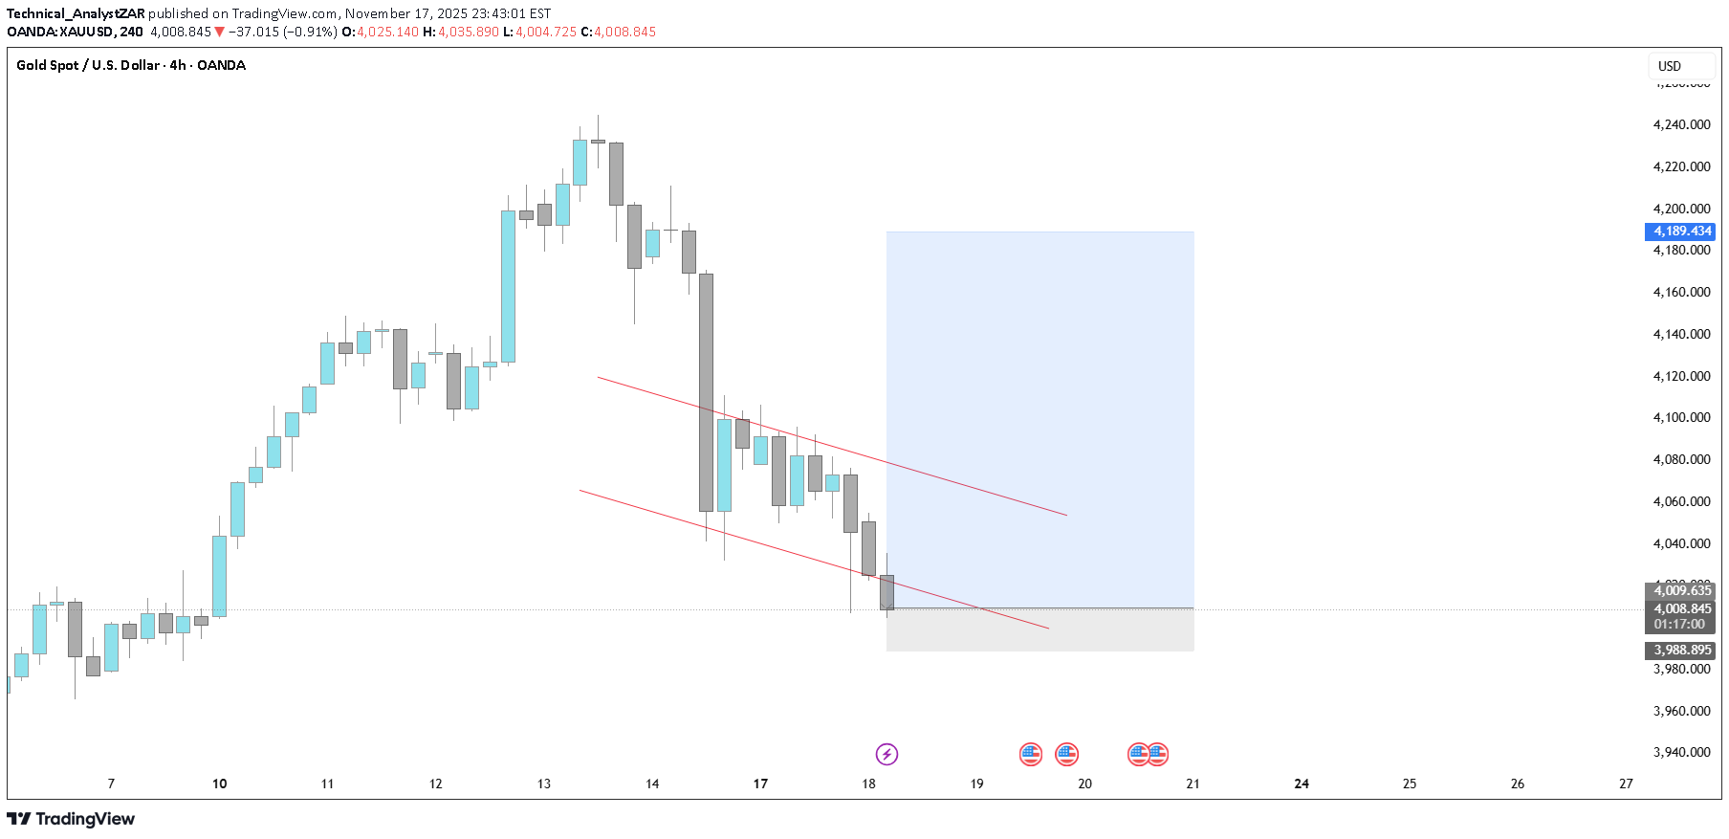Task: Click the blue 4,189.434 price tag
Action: pos(1678,232)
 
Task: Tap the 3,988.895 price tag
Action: pos(1678,651)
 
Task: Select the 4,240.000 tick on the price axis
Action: pos(1681,124)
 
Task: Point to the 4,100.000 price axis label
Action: pos(1681,417)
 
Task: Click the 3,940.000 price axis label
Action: pos(1681,752)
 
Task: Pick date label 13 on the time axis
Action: pos(544,784)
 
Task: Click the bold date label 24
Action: pos(1302,784)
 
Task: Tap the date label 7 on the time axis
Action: pos(111,784)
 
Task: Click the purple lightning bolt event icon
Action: pos(886,755)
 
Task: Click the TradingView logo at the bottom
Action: pos(71,819)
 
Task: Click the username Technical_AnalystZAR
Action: pos(76,13)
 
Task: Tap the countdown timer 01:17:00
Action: pos(1679,624)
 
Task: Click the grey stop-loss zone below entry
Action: pos(1040,630)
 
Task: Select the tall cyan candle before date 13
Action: pos(508,286)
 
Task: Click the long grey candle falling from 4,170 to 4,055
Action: pos(706,392)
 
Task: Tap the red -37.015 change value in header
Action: pos(254,32)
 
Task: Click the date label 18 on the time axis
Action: pos(868,784)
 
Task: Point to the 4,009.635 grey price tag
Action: pos(1679,590)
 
